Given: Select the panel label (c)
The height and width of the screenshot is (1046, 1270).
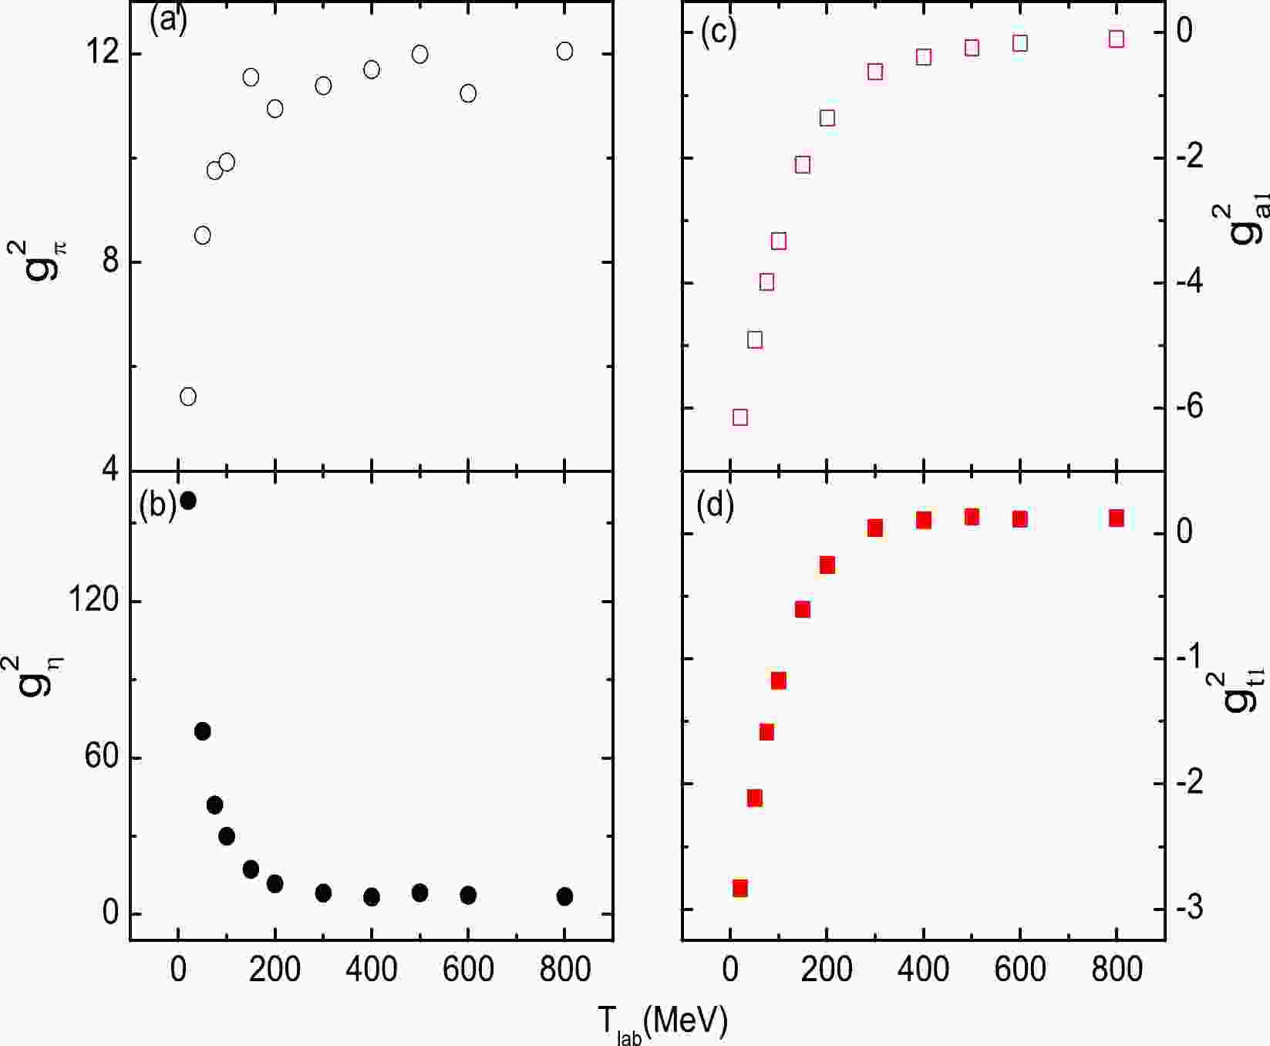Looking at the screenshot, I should (x=718, y=31).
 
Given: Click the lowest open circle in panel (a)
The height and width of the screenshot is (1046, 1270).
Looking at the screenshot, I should (x=187, y=396).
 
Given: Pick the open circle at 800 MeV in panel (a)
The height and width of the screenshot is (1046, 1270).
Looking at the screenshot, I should (x=564, y=51).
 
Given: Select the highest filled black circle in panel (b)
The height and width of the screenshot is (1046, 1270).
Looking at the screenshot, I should (x=187, y=501).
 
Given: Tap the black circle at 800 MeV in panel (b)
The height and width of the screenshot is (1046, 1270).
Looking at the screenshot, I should (x=564, y=896).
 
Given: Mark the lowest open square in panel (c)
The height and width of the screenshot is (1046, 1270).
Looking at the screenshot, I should (x=740, y=417).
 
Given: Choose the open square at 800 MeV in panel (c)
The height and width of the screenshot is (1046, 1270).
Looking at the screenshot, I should (x=1117, y=39).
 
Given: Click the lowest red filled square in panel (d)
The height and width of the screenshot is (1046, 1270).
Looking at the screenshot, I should (x=740, y=888).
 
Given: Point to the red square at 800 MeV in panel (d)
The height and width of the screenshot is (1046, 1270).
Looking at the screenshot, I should (x=1117, y=518).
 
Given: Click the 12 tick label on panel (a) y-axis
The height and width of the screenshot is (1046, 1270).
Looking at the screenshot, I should (x=102, y=53).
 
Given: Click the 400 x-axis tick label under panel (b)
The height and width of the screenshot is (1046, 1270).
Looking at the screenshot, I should (x=372, y=969).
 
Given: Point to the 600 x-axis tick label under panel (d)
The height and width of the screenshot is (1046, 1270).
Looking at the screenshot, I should (x=1019, y=969).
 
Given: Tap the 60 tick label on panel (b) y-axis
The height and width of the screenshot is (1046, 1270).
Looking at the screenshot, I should (x=102, y=758).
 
